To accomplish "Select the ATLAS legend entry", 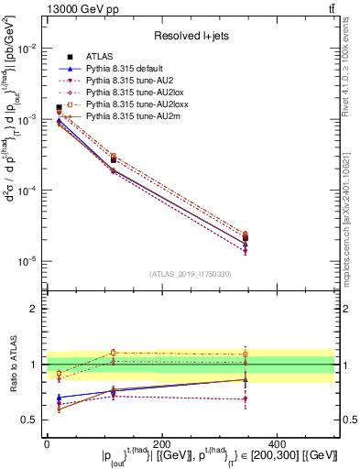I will [101, 58].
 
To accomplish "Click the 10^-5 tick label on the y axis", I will [28, 261].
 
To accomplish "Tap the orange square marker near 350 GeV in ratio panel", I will [317, 354].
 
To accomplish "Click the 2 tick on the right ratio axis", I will [347, 309].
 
